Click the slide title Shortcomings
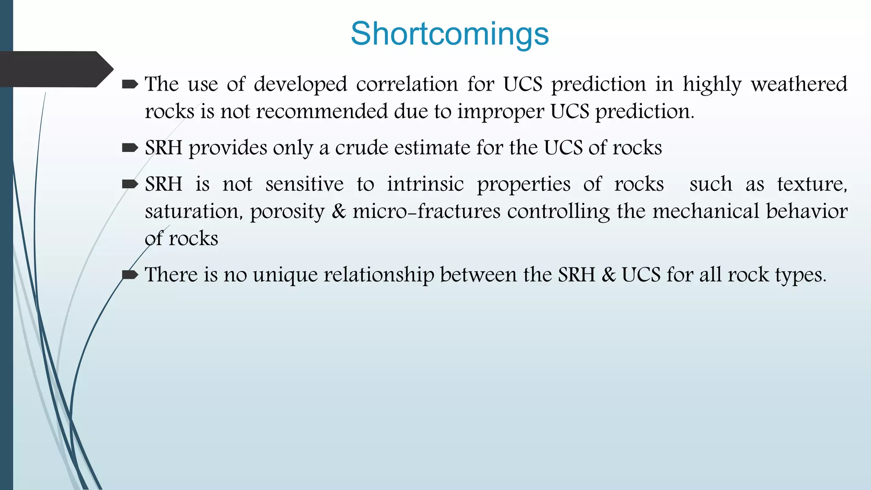pyautogui.click(x=450, y=34)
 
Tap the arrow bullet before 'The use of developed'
pyautogui.click(x=130, y=85)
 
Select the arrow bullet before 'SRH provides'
pyautogui.click(x=130, y=148)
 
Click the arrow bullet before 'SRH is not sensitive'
pyautogui.click(x=130, y=184)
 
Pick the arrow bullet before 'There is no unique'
pyautogui.click(x=130, y=275)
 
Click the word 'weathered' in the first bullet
pyautogui.click(x=799, y=84)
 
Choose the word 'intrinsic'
pyautogui.click(x=425, y=184)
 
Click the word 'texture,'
pyautogui.click(x=812, y=185)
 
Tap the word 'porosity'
pyautogui.click(x=287, y=212)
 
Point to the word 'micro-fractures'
pyautogui.click(x=426, y=211)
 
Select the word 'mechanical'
pyautogui.click(x=705, y=211)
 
